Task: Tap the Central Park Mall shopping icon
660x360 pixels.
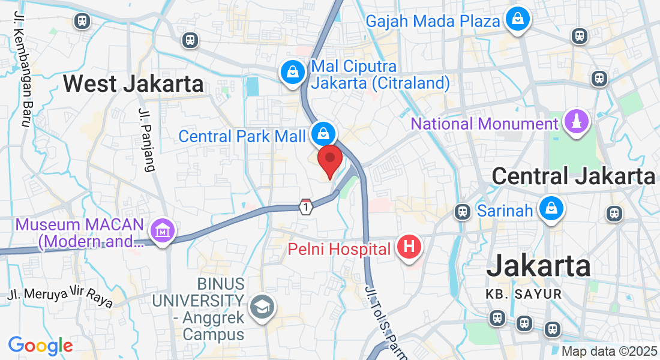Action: (323, 134)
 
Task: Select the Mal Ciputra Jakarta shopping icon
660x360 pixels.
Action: (292, 73)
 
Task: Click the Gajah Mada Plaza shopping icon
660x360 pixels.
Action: (517, 20)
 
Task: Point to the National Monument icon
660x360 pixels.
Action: (577, 122)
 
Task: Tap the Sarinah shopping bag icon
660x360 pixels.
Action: (550, 209)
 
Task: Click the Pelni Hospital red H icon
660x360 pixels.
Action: (409, 247)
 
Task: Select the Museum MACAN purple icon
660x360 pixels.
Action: (163, 231)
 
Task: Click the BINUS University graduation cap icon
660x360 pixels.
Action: (262, 307)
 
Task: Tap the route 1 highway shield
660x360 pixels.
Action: (306, 207)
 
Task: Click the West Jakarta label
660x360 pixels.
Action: (133, 83)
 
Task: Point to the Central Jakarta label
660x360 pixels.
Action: (574, 176)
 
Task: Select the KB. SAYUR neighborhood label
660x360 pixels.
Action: (523, 294)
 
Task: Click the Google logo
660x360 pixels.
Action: (40, 346)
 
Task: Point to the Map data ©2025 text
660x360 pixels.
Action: (609, 351)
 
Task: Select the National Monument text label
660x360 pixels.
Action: (484, 124)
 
